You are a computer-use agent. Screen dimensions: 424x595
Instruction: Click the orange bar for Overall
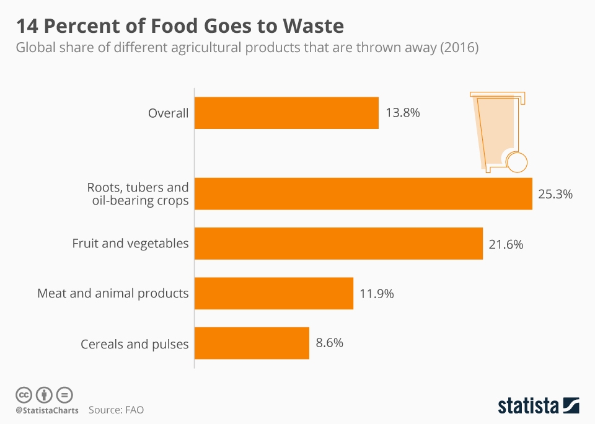286,113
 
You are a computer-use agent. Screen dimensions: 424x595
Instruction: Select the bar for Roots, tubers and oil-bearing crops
363,193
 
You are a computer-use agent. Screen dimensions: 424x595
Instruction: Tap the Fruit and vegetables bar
338,244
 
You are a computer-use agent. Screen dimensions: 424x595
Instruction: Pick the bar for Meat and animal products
273,293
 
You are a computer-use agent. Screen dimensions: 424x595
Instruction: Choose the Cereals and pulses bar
252,343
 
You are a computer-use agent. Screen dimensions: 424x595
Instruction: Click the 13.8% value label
403,113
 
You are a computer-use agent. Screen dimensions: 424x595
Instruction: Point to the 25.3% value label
555,194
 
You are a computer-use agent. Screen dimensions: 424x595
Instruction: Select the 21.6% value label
506,244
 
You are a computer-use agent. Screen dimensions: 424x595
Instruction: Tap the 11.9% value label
376,294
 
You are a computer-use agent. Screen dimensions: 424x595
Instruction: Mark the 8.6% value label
329,343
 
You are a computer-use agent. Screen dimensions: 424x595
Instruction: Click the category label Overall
168,113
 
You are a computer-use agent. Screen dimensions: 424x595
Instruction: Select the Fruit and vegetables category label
130,244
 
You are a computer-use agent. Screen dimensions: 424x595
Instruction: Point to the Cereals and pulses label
134,343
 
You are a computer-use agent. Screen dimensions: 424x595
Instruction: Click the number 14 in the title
27,27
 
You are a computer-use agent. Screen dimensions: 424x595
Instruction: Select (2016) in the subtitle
459,48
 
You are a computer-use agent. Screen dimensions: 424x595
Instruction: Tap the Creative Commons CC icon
24,394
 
